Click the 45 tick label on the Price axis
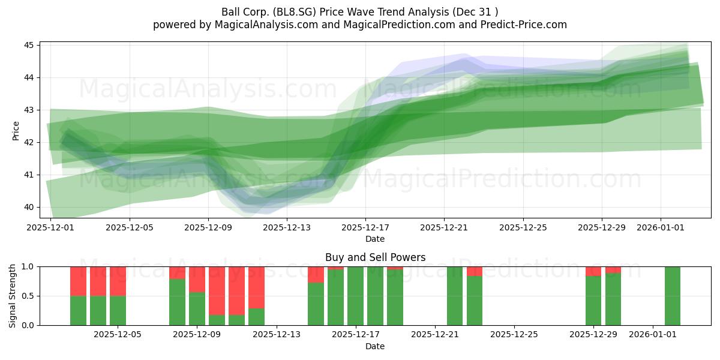click(x=29, y=45)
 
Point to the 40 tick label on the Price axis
click(x=29, y=208)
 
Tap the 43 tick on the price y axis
click(x=29, y=110)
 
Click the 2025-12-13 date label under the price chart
click(x=287, y=227)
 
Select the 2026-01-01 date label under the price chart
click(x=661, y=227)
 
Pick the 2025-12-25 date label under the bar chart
click(x=514, y=335)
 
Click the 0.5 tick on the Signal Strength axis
click(x=28, y=296)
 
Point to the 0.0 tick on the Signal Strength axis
click(x=28, y=325)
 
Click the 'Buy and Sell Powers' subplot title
click(x=375, y=257)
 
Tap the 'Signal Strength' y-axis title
click(x=12, y=296)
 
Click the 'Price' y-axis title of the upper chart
click(x=16, y=131)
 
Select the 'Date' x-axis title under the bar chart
click(x=375, y=346)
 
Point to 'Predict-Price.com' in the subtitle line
click(x=524, y=25)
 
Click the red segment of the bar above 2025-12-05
click(x=118, y=281)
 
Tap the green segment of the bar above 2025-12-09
click(x=197, y=308)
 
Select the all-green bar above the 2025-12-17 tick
click(x=355, y=296)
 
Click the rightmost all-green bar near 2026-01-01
click(x=673, y=296)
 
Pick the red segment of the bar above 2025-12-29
click(x=593, y=271)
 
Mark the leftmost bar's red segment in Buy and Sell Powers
click(x=79, y=281)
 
